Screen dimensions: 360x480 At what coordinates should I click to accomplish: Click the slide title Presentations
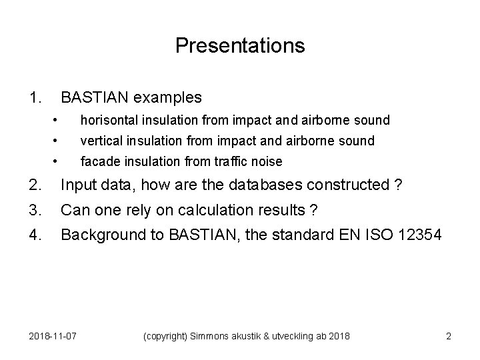pos(240,45)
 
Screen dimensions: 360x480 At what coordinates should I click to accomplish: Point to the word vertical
pos(99,141)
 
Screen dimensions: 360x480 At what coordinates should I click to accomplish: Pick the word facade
pos(97,161)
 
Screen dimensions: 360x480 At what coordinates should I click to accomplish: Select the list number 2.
pos(36,185)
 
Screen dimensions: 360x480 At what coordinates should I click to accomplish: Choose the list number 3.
pos(36,210)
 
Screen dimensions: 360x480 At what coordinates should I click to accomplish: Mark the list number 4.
pos(36,235)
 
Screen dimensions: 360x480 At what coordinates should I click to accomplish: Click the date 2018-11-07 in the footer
pos(54,336)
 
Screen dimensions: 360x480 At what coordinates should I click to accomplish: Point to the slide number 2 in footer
pos(448,336)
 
